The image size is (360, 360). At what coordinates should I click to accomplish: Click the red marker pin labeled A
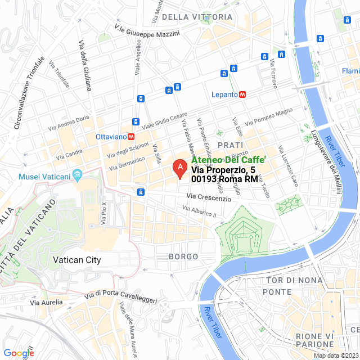click(179, 168)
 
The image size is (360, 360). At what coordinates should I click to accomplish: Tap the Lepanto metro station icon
click(242, 94)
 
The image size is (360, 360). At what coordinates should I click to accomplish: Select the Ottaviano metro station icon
click(130, 136)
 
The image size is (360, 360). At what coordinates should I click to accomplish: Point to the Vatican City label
click(76, 260)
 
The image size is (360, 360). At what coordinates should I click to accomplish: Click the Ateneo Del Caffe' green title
click(228, 160)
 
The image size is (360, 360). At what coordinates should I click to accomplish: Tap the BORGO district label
click(183, 256)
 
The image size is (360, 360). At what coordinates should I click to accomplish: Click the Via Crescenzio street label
click(209, 197)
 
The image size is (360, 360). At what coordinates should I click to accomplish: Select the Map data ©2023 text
click(335, 355)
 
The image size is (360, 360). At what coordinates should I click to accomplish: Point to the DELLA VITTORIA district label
click(197, 17)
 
